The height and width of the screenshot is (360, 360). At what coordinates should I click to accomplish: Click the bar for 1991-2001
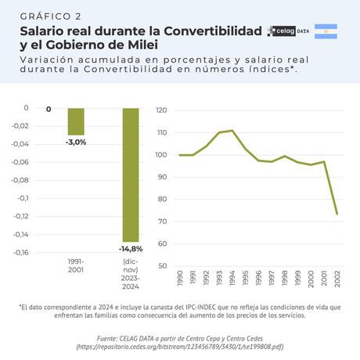(76, 121)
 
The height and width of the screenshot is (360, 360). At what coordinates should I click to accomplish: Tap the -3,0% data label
(76, 142)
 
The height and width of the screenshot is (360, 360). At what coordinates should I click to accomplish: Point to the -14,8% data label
(131, 249)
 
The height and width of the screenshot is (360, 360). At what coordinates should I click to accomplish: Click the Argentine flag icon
(326, 31)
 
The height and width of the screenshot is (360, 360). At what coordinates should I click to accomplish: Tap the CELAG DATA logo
(288, 31)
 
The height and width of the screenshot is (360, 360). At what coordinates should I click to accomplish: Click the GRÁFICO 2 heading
(50, 16)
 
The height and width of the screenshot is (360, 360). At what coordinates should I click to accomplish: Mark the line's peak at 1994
(232, 131)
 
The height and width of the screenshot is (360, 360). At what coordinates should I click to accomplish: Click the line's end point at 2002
(337, 214)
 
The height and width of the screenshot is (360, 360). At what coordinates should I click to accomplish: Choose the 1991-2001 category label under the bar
(76, 265)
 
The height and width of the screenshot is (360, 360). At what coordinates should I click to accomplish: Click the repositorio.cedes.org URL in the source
(179, 345)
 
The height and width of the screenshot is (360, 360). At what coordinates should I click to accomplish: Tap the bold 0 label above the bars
(49, 109)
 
